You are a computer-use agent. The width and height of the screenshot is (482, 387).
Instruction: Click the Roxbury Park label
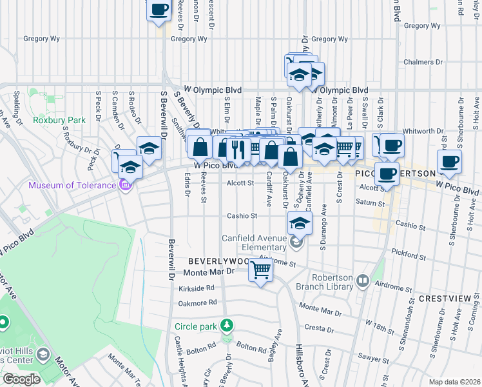coord(50,120)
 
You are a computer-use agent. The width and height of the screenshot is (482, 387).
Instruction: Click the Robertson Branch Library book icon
coord(362,281)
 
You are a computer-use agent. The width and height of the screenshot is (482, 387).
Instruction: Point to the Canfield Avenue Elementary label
coord(254,242)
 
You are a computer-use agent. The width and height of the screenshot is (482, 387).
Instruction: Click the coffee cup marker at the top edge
coord(159,11)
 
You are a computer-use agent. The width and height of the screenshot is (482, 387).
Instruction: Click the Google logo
coord(21,379)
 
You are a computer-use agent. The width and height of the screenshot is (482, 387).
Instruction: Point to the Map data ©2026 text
coord(454,382)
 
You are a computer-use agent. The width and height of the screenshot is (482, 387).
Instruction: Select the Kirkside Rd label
coord(196,288)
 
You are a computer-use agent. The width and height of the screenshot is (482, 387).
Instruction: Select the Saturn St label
coord(371,203)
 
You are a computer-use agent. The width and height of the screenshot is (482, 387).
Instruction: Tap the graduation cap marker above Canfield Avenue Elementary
coord(300,223)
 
